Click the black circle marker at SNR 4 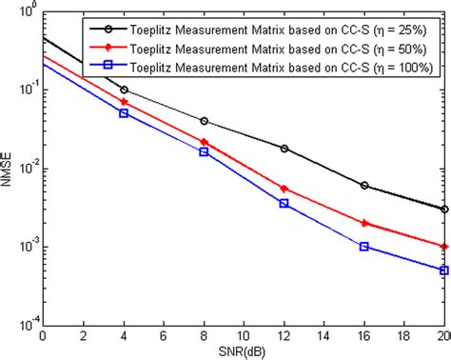tap(124, 90)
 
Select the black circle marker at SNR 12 tap(284, 149)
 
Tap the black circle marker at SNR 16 tap(364, 186)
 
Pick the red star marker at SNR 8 tap(205, 142)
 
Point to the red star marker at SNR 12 tap(284, 189)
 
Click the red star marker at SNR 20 tap(444, 246)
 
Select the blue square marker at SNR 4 tap(124, 113)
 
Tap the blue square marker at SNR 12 tap(284, 204)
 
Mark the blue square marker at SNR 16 tap(364, 246)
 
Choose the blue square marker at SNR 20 tap(444, 270)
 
